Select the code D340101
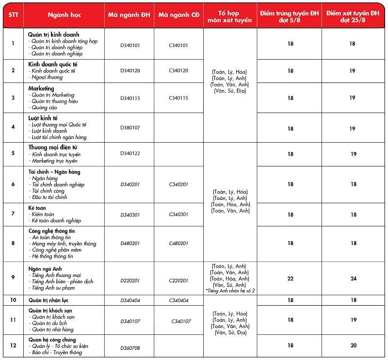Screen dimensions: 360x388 click(130, 45)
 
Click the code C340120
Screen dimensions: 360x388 click(178, 71)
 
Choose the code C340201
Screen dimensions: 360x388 click(178, 184)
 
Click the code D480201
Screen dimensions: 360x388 click(130, 244)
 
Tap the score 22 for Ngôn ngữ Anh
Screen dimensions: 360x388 click(291, 278)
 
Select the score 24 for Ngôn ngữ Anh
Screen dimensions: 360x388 click(353, 278)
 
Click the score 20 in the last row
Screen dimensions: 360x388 click(353, 345)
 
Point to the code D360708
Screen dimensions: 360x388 click(130, 348)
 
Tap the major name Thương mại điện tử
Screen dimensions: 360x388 click(53, 147)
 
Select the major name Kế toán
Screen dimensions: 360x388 click(37, 208)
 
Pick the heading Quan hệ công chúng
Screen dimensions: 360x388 click(52, 339)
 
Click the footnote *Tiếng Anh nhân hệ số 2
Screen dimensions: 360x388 click(230, 290)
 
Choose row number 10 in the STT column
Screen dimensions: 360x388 click(13, 300)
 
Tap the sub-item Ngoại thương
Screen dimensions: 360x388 click(46, 77)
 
